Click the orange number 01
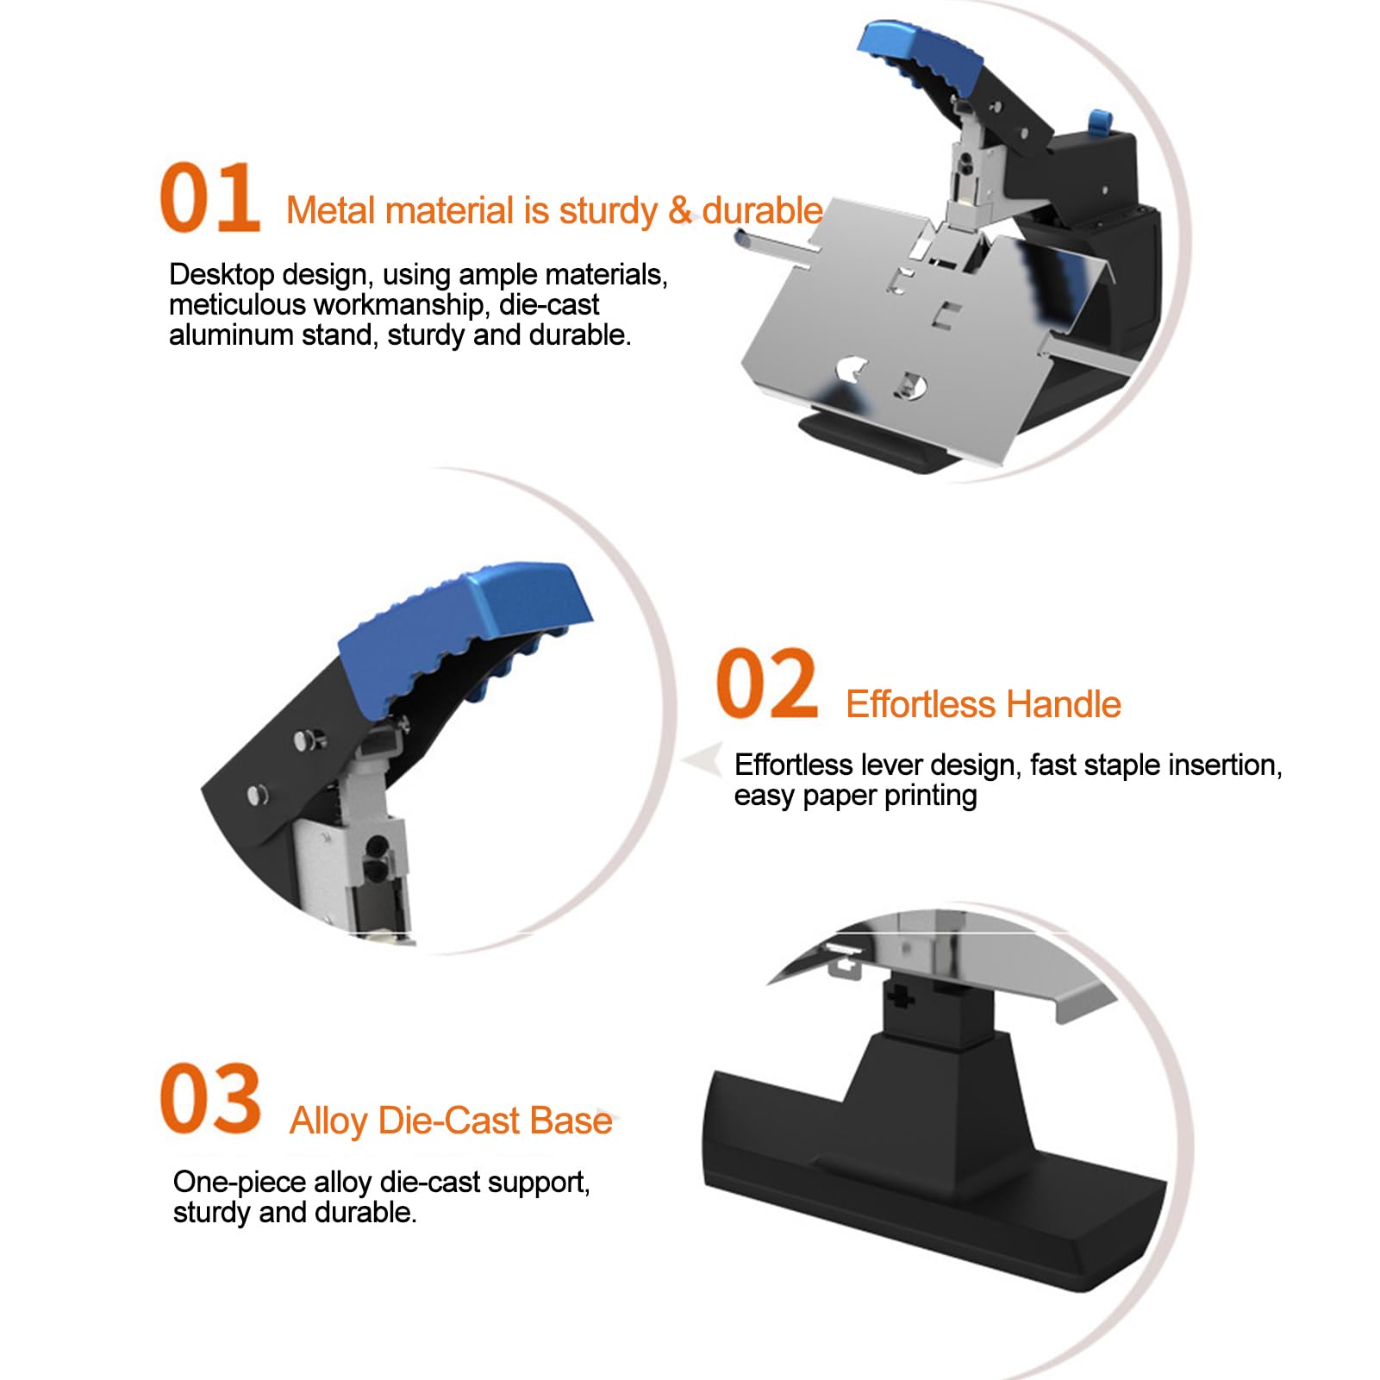209,197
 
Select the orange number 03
210,1099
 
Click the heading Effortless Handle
983,704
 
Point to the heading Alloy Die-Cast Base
451,1121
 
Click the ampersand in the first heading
680,210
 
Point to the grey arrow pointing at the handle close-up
702,761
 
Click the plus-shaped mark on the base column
898,997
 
